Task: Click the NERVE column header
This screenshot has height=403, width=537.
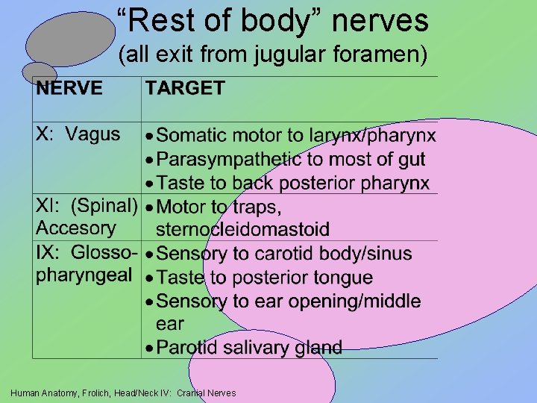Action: tap(70, 88)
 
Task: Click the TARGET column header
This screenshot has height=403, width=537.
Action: tap(185, 88)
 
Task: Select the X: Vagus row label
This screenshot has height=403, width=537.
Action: tap(78, 134)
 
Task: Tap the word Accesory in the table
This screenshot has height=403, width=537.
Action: tap(76, 228)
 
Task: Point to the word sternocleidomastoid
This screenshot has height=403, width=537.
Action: tap(242, 230)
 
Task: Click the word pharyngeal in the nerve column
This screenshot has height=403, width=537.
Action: tap(84, 275)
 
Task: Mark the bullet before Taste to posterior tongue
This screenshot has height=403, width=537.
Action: tap(150, 278)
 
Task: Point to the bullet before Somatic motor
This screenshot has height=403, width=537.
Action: tap(150, 137)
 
